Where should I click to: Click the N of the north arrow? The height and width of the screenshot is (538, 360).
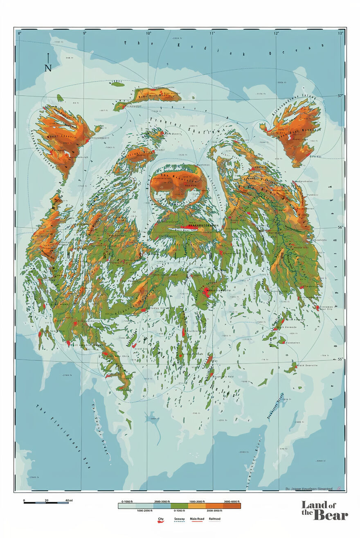(48, 68)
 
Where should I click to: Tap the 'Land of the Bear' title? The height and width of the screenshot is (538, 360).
(325, 510)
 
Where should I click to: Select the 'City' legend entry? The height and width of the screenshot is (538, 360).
(161, 519)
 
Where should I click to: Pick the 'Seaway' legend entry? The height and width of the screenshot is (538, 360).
(179, 519)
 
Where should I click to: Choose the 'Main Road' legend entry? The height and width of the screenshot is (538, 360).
(197, 519)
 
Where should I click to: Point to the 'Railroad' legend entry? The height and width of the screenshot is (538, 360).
(214, 519)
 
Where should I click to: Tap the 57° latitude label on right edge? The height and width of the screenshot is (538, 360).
(340, 96)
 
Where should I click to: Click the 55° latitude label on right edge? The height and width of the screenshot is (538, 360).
(340, 359)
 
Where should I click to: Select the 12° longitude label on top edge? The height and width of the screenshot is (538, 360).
(277, 33)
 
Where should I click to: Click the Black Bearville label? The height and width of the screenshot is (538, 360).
(310, 365)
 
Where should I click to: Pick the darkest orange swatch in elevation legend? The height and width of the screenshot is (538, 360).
(232, 506)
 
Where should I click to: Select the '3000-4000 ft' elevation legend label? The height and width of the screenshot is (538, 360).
(232, 501)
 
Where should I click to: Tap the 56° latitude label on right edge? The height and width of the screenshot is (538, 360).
(340, 228)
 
